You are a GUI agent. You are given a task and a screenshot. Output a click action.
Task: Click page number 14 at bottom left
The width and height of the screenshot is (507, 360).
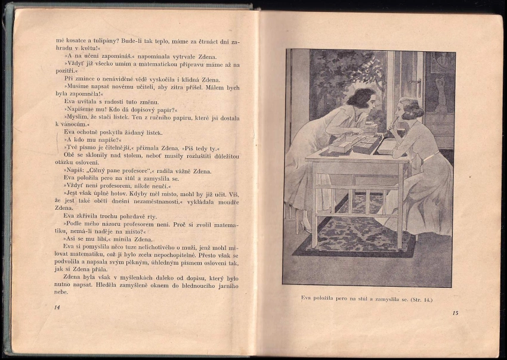[57, 307]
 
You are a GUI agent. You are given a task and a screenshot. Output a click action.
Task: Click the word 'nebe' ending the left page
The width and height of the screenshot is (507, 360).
[61, 292]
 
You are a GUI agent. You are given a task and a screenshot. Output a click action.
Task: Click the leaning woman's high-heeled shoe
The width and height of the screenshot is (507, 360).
[306, 225]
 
